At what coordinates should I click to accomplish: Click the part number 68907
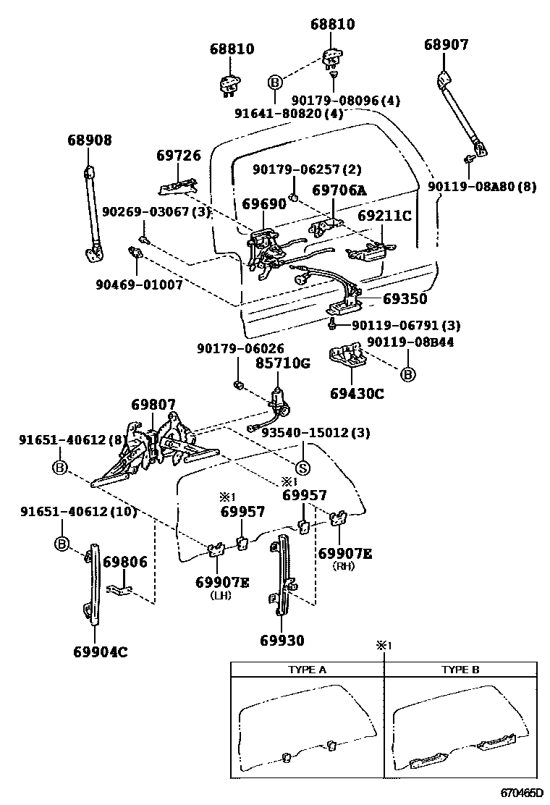click(x=446, y=45)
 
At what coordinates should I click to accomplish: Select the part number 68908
click(x=90, y=140)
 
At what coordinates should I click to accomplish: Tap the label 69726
click(x=178, y=156)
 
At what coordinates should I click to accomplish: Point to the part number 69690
click(x=264, y=205)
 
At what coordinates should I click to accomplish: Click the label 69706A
click(x=339, y=190)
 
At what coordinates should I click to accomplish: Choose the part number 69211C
click(x=384, y=216)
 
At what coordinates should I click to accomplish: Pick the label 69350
click(x=405, y=298)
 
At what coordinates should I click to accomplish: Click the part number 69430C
click(x=357, y=394)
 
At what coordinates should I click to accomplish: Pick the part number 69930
click(x=282, y=640)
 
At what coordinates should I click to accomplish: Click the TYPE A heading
click(x=307, y=670)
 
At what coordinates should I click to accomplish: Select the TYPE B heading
click(x=460, y=670)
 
